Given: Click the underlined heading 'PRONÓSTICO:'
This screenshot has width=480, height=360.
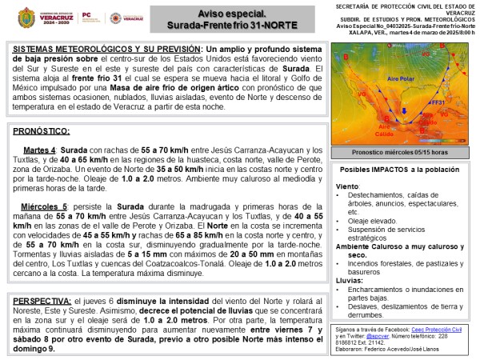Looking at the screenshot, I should pyautogui.click(x=42, y=130).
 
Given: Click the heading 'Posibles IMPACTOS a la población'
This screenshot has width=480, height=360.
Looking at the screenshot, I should pyautogui.click(x=400, y=170).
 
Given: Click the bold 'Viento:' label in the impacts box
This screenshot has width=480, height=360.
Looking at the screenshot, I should pyautogui.click(x=348, y=186).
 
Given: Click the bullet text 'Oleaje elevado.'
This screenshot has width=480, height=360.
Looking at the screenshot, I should pyautogui.click(x=376, y=221).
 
